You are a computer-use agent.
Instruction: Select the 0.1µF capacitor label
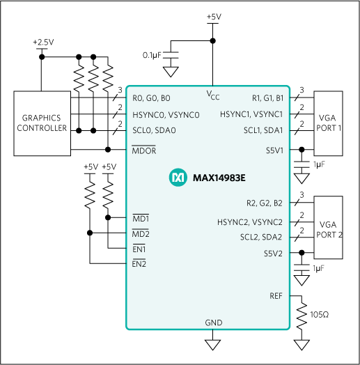point(152,54)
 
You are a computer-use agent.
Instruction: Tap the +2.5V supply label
point(42,42)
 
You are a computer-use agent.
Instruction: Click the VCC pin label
point(213,93)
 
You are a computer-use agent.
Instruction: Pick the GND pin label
point(213,323)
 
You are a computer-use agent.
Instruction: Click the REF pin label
point(276,296)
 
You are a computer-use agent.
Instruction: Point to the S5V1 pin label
point(274,149)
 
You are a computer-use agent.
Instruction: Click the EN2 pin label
point(139,264)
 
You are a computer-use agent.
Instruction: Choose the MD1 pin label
point(141,218)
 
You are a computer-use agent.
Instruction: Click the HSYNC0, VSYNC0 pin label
point(166,114)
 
